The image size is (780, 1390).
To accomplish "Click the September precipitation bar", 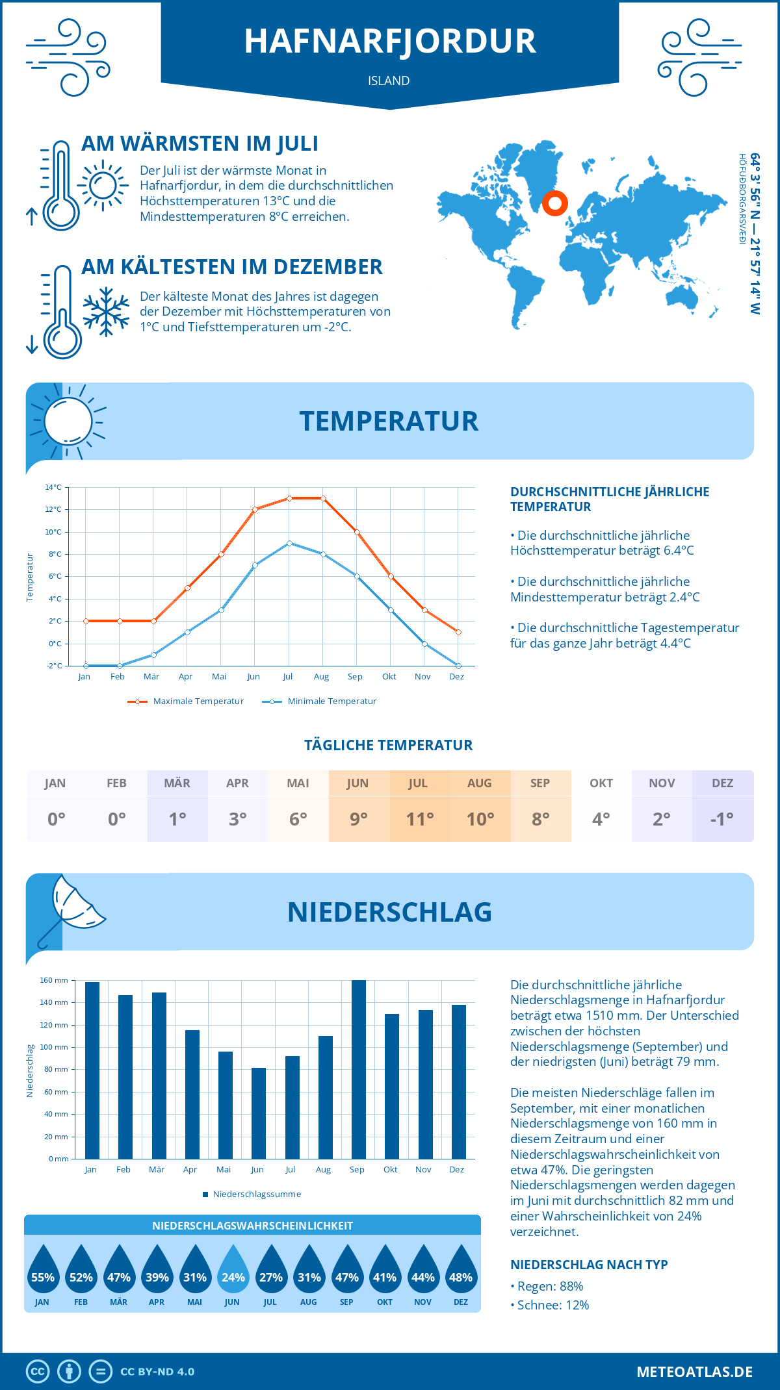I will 359,1069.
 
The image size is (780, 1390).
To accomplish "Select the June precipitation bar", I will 259,1113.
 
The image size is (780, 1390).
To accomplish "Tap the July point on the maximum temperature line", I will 289,498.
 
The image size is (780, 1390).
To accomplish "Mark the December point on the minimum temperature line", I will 458,666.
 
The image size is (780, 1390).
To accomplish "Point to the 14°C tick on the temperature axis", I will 53,487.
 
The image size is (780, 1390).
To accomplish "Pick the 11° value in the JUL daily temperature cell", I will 419,819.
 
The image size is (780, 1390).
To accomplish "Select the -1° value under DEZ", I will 722,819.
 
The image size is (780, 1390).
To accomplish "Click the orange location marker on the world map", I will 554,203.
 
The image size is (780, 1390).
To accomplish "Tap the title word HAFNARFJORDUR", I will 390,41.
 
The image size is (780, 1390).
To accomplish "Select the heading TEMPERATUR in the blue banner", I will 389,422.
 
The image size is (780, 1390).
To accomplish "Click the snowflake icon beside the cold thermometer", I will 106,312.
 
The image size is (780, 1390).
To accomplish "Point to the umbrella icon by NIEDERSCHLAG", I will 71,909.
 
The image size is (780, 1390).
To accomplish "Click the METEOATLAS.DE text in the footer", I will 694,1372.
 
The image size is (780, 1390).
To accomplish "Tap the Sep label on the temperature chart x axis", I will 355,677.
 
